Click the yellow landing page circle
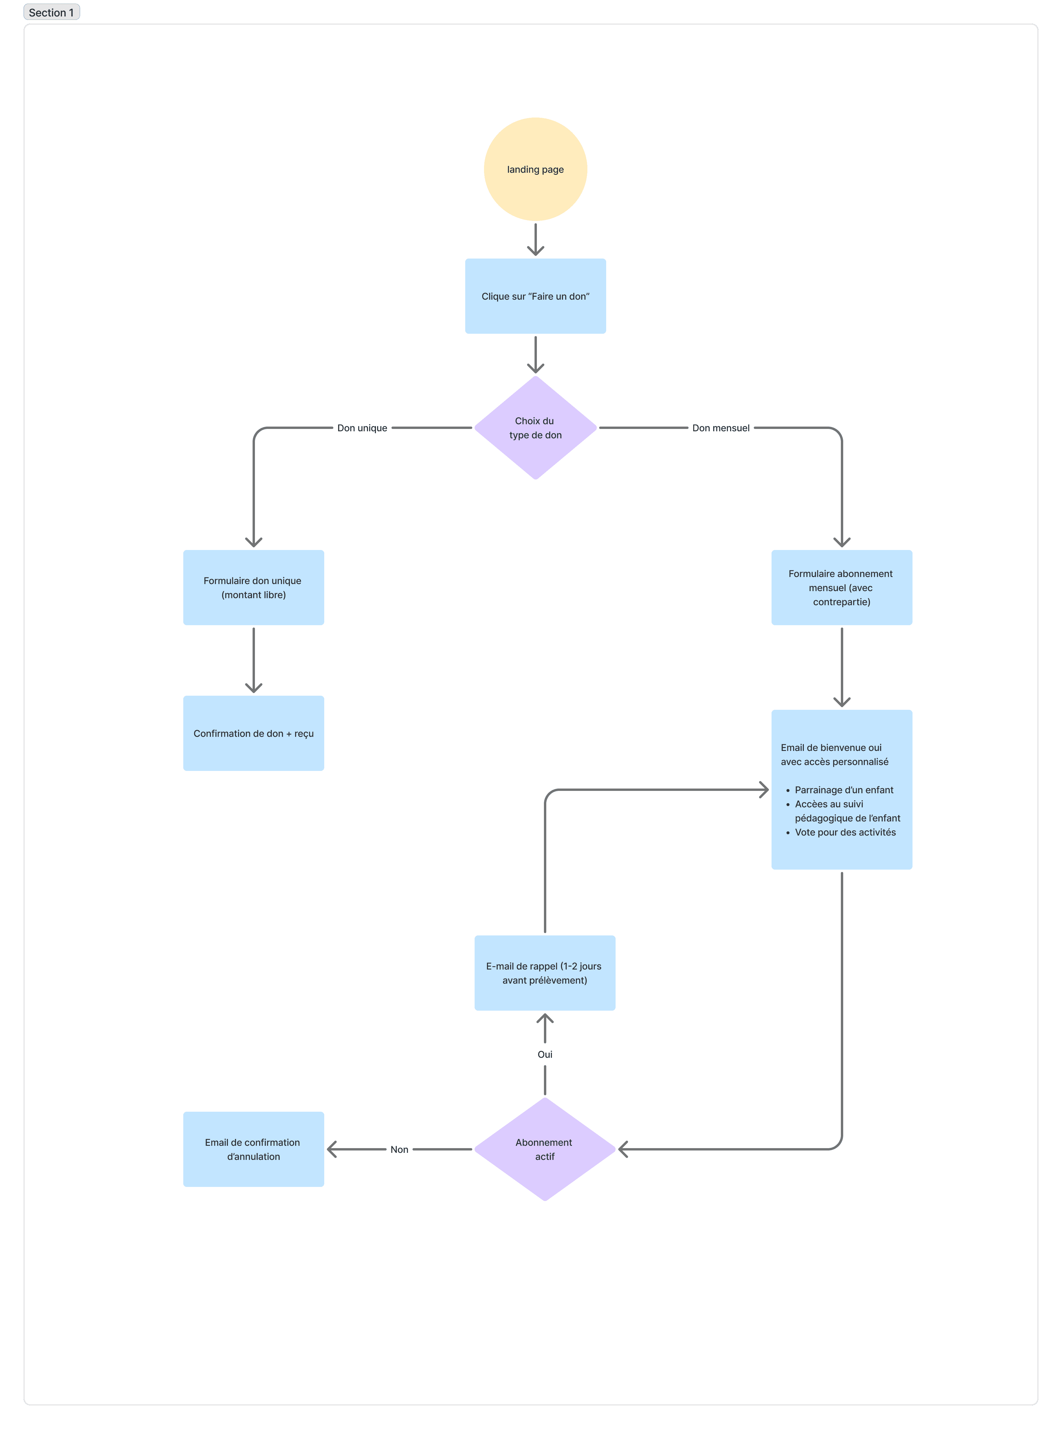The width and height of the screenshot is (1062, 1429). [535, 169]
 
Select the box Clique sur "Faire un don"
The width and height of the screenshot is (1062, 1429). [535, 296]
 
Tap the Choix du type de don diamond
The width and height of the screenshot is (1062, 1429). [535, 428]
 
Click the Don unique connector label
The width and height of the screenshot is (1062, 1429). [362, 428]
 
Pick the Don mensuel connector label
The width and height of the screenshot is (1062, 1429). [721, 428]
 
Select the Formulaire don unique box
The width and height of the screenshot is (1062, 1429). [253, 587]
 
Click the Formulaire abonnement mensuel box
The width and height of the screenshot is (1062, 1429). [841, 587]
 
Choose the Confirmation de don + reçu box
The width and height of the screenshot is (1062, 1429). [253, 733]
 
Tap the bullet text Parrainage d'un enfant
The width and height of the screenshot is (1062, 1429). [844, 790]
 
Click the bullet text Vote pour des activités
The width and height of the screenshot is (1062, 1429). [845, 832]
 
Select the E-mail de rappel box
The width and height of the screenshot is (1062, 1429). [545, 973]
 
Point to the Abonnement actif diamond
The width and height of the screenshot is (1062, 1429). [545, 1149]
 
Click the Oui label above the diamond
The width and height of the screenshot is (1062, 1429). [545, 1054]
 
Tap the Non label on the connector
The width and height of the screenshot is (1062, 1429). [399, 1149]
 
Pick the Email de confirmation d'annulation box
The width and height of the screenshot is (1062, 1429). [253, 1149]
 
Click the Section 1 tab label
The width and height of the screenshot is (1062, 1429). [51, 12]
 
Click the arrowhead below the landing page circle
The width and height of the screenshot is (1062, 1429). [535, 250]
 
